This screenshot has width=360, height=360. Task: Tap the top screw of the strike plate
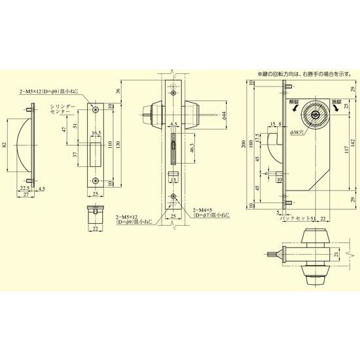pyautogui.click(x=96, y=108)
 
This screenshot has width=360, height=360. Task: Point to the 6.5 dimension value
pyautogui.click(x=173, y=124)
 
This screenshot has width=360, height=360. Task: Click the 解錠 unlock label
pyautogui.click(x=293, y=103)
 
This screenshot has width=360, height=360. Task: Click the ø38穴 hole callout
pyautogui.click(x=297, y=132)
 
